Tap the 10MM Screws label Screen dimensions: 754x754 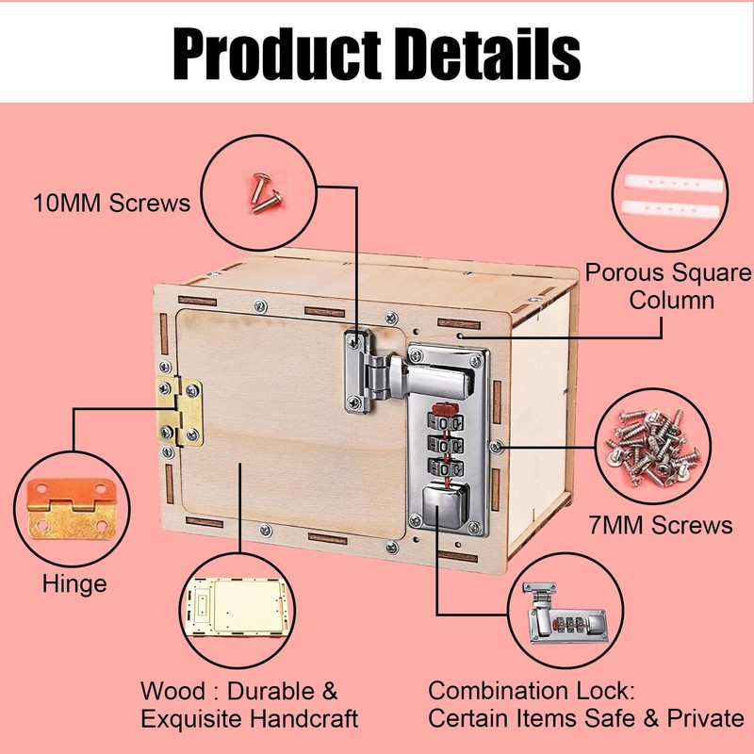pos(112,202)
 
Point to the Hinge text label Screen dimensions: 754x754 pos(74,583)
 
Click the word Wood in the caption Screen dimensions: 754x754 pos(172,691)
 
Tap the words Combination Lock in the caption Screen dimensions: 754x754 pos(518,691)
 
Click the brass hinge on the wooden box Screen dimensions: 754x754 pos(179,412)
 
